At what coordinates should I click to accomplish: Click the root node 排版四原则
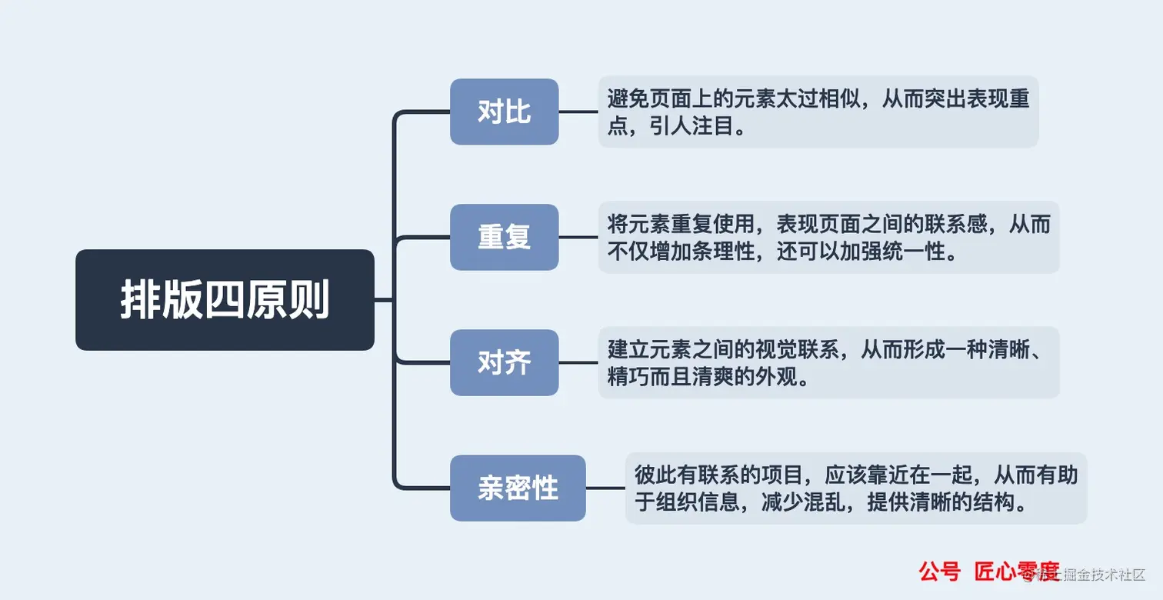click(225, 300)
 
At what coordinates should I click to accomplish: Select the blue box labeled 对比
click(504, 112)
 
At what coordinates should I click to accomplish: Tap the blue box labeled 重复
click(504, 237)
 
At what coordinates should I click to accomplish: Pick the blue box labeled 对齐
click(504, 362)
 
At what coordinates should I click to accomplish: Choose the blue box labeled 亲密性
click(518, 488)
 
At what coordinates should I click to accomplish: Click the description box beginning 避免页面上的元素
click(818, 112)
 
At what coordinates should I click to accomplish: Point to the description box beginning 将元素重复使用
click(828, 237)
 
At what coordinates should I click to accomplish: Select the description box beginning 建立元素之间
click(828, 362)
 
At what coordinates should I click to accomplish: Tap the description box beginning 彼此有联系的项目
click(855, 488)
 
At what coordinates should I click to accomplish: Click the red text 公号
click(939, 572)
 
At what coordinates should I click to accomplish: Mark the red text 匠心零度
click(1017, 572)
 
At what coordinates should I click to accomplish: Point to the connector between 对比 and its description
click(578, 112)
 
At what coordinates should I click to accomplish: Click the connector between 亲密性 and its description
click(605, 488)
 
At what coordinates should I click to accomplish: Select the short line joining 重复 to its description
click(578, 237)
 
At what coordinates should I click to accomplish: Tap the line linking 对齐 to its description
click(578, 362)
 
